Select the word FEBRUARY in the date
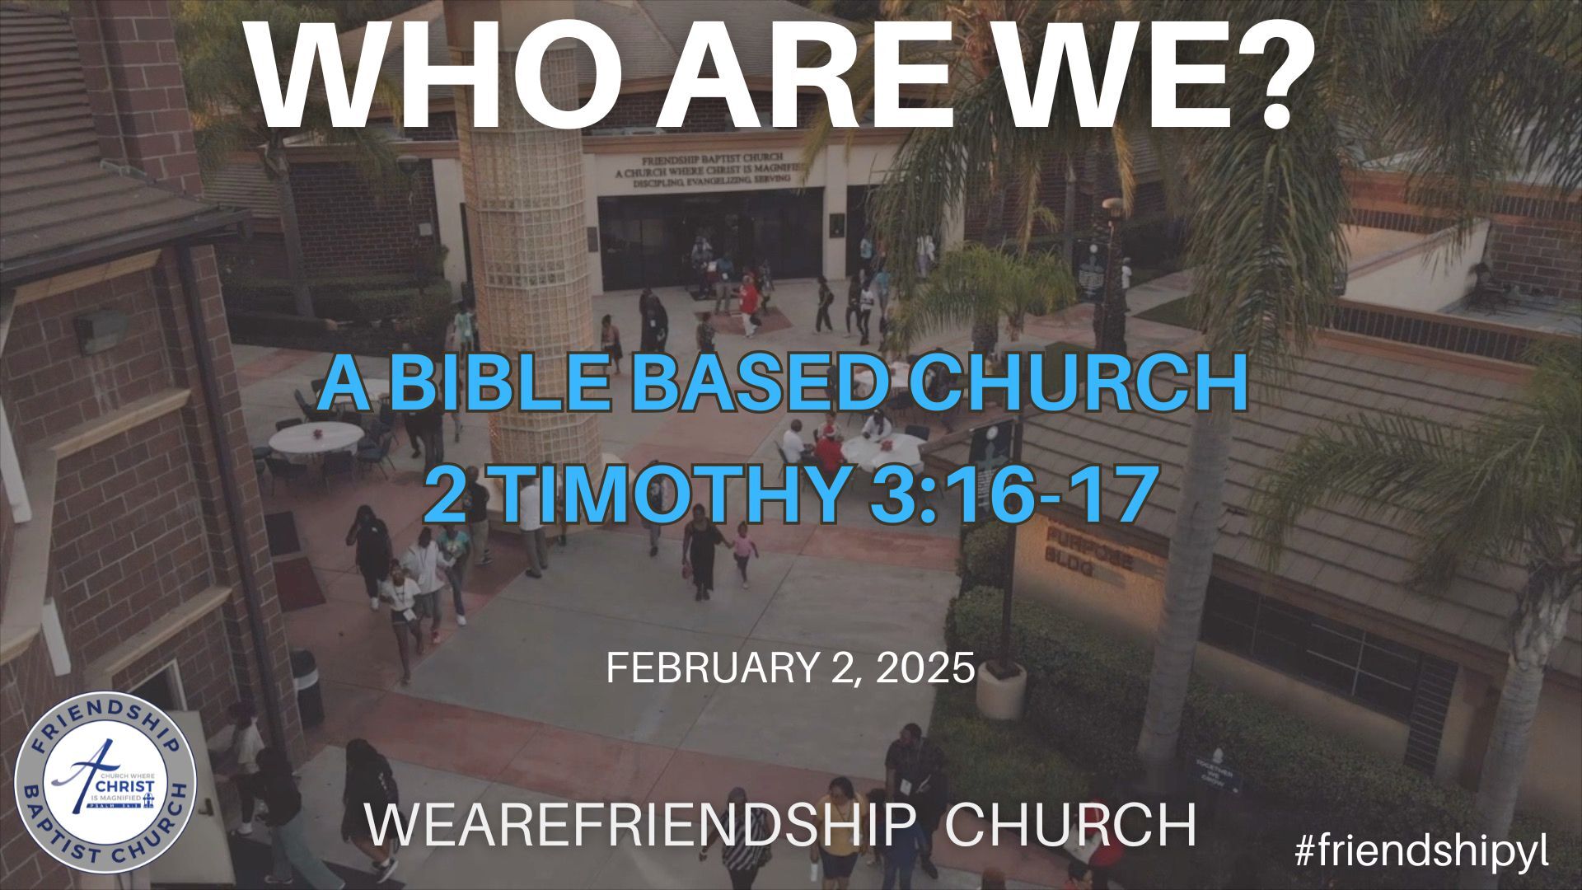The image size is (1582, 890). point(709,667)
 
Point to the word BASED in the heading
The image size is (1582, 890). point(753,384)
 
